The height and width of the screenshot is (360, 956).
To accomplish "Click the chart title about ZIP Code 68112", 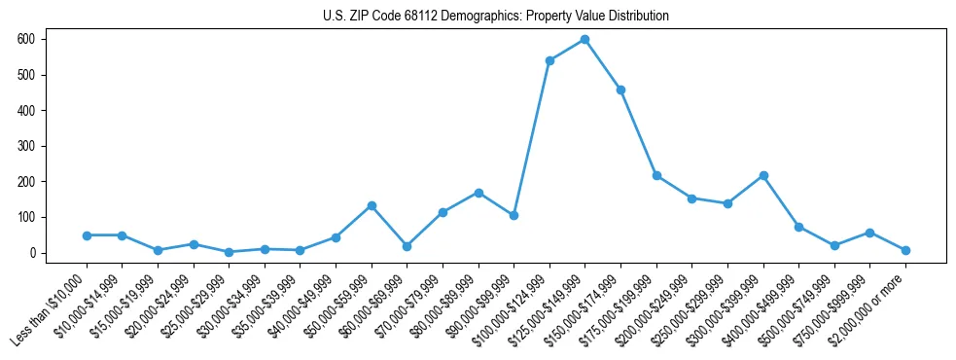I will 496,17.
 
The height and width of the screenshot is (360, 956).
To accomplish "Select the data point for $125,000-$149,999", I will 584,40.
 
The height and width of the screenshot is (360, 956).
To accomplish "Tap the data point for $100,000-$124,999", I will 549,60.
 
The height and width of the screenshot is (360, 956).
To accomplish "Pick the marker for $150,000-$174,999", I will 620,90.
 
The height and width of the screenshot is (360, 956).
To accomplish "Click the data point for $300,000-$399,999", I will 763,175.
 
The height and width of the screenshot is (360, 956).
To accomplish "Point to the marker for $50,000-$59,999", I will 372,205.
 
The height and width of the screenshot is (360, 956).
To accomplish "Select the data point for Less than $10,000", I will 87,235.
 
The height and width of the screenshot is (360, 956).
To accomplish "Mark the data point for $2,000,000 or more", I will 905,250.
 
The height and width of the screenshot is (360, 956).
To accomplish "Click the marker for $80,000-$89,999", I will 478,193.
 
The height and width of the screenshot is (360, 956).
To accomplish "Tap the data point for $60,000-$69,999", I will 407,246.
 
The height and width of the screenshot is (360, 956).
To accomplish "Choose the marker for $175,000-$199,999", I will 656,175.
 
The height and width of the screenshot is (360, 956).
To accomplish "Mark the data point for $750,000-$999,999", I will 870,233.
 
